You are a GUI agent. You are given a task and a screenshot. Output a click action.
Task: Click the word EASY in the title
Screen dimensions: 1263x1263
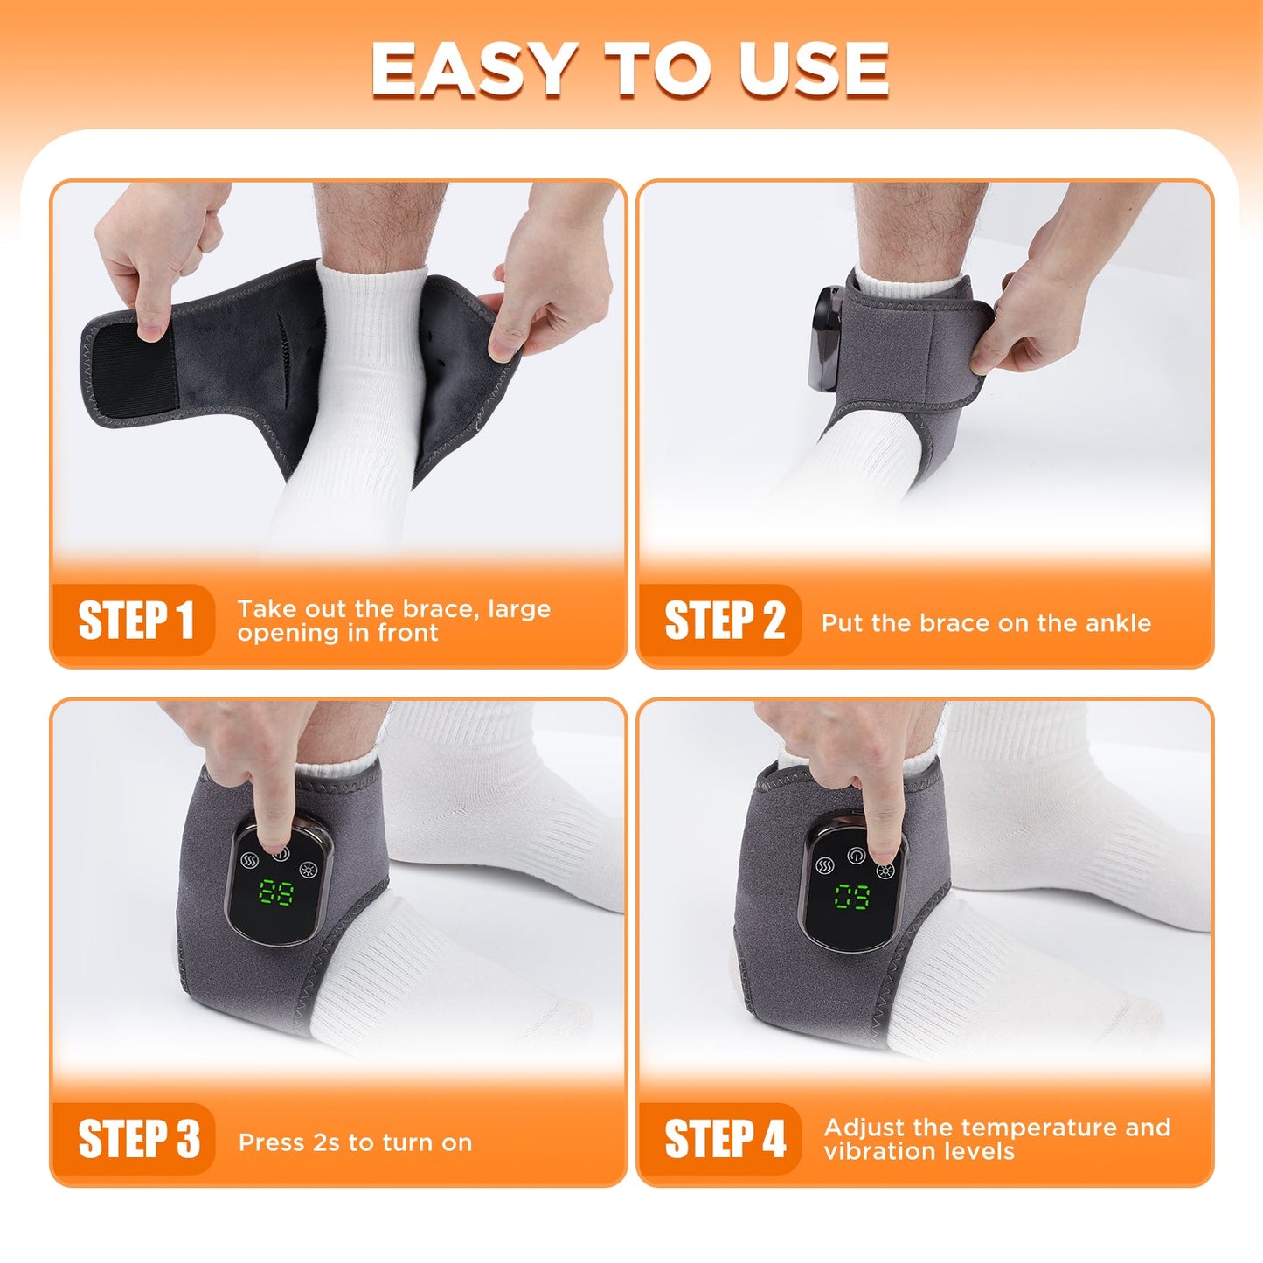[473, 69]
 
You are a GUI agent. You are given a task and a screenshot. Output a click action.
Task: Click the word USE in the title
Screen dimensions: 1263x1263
[813, 69]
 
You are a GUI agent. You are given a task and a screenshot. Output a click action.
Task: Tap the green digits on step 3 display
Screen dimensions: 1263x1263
[276, 894]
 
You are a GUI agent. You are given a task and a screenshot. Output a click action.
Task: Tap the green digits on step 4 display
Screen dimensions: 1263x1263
[851, 897]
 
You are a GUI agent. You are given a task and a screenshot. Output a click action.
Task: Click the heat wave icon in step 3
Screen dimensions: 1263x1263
[249, 859]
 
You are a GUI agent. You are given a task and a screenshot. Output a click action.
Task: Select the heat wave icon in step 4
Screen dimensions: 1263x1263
[824, 865]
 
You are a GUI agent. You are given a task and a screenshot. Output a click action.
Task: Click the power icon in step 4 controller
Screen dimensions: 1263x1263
[856, 855]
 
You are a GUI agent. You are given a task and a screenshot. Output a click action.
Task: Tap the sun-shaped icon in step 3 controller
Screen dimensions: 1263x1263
[307, 869]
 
